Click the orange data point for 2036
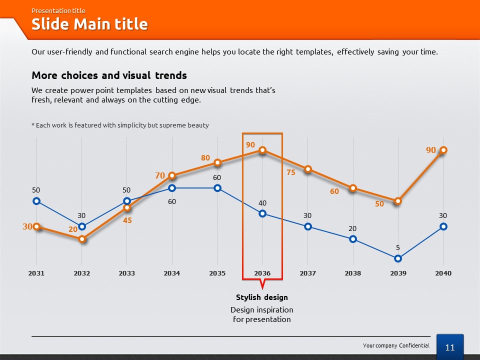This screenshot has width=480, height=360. pos(262,150)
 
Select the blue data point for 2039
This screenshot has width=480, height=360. pos(398,258)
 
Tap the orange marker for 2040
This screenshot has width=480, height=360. pos(443,150)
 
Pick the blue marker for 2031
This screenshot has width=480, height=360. pos(36,201)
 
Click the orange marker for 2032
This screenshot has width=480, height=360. pos(81,239)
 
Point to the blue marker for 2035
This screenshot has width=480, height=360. pos(217,188)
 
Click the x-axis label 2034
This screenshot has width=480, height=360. pos(171,273)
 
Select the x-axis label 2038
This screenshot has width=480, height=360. pos(352,273)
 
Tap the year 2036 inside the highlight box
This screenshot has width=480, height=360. pos(262,273)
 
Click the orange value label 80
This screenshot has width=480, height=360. pos(205,157)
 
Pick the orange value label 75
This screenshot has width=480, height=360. pos(291,172)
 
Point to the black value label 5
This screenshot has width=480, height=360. pos(397,247)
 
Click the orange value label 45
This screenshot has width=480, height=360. pos(127,220)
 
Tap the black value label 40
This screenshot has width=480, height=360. pos(262,203)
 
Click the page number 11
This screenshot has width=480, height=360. pos(449,347)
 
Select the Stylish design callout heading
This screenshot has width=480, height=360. pos(261,297)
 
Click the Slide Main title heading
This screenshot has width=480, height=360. pos(89,24)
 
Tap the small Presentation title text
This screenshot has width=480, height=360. pos(58,10)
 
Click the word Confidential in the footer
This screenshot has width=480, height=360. pos(414,345)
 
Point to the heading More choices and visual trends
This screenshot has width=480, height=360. pos(109,75)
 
